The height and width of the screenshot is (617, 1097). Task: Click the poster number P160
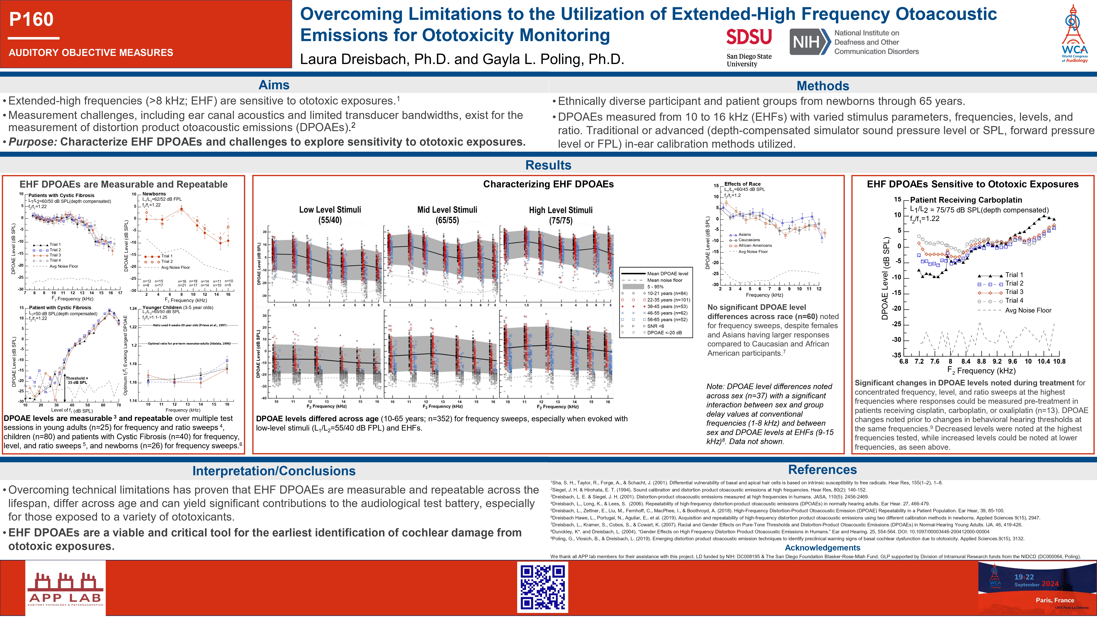click(x=31, y=19)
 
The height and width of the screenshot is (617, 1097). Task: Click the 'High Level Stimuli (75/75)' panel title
click(x=560, y=215)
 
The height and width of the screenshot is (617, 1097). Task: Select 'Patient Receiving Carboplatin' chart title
click(x=966, y=200)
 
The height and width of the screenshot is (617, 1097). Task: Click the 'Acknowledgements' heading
click(x=822, y=548)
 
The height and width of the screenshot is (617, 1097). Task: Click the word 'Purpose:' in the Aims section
click(x=33, y=142)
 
